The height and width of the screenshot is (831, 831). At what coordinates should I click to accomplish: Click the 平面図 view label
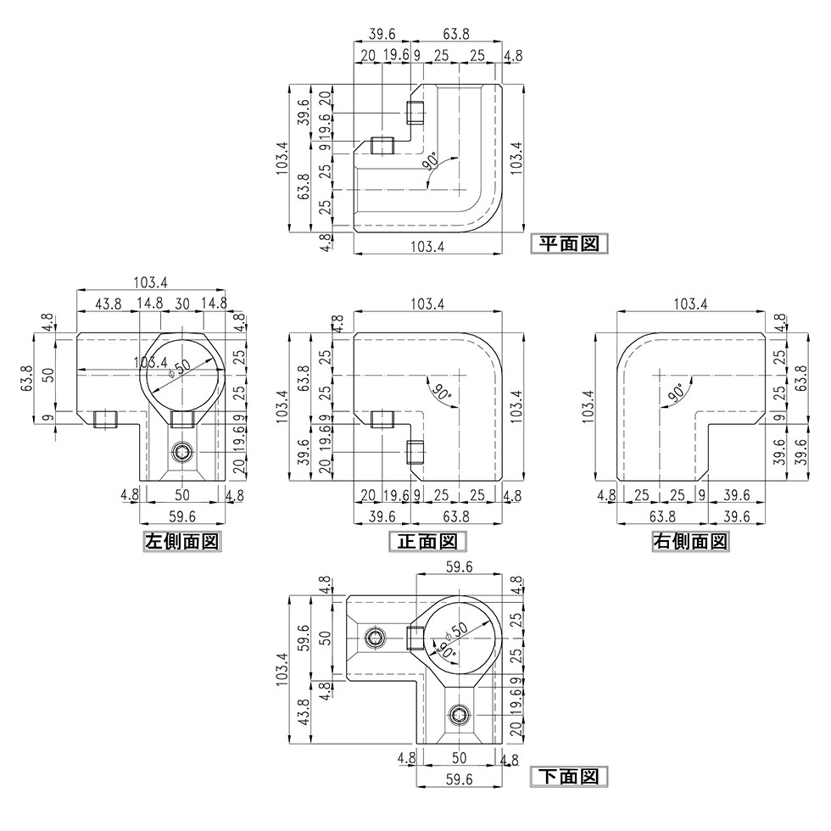point(569,244)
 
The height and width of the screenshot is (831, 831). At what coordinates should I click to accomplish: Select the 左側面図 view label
point(182,541)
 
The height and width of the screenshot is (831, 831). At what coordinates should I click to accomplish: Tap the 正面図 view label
point(427,541)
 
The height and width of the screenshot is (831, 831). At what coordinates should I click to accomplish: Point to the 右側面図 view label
point(689,541)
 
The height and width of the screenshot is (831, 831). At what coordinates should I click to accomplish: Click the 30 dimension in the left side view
point(181,304)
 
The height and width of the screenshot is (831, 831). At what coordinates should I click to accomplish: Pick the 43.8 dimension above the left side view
point(107,304)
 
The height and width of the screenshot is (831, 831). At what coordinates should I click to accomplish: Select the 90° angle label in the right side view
point(676,392)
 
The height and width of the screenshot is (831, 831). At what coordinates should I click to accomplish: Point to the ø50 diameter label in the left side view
point(179,366)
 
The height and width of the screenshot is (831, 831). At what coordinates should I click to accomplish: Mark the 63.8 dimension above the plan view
point(457,34)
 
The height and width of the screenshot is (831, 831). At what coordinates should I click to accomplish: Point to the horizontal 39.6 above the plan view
point(383,34)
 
